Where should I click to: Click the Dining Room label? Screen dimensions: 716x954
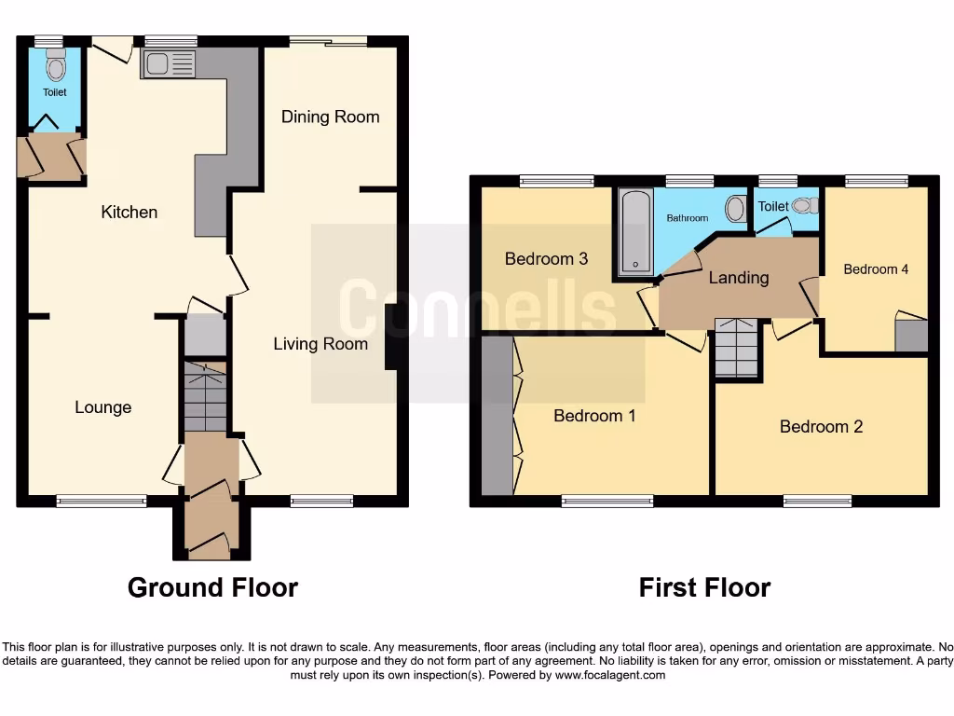[x=331, y=117]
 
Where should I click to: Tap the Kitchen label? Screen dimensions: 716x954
[x=129, y=212]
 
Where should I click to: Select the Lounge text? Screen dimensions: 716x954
[x=102, y=407]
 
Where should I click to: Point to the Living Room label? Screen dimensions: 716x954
[x=320, y=344]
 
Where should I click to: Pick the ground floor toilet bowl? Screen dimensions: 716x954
[x=56, y=66]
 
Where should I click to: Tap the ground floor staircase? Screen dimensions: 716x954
[x=205, y=397]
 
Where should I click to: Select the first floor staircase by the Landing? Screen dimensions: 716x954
[x=737, y=347]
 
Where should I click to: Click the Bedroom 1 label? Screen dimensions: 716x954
[x=594, y=416]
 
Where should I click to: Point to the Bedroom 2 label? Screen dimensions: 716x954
[x=821, y=426]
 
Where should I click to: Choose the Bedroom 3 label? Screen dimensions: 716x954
[x=546, y=258]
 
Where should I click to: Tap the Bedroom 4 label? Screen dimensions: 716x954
[x=876, y=269]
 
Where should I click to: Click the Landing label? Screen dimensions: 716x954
[x=739, y=277]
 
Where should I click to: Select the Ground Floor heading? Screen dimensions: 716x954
[x=212, y=587]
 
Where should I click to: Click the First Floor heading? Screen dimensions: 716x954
[x=704, y=587]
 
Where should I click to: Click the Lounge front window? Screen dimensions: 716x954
[x=102, y=501]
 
